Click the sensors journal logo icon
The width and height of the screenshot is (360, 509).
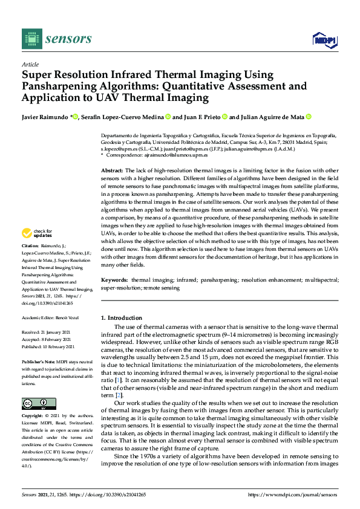[30, 39]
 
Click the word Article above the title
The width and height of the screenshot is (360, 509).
[30, 64]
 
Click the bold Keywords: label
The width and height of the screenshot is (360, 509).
[114, 281]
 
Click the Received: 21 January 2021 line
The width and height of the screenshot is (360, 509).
[47, 332]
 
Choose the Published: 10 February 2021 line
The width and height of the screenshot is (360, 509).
[48, 347]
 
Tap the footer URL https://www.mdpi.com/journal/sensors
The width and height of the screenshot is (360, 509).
[293, 494]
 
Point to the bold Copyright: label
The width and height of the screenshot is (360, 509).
[33, 417]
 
